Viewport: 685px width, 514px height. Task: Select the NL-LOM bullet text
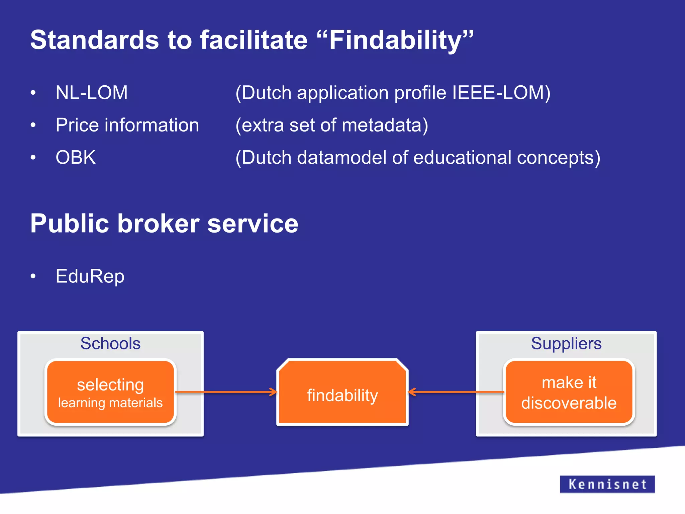point(92,93)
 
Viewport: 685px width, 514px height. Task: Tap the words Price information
point(127,125)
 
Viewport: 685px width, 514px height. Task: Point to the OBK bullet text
point(76,157)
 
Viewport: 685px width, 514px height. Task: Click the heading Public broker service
point(164,224)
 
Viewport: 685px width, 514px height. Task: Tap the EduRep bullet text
point(90,276)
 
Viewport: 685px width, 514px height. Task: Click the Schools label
point(110,343)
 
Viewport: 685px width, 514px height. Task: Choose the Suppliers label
point(566,343)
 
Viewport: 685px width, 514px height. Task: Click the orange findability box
point(342,395)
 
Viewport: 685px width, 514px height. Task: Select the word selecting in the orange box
point(110,384)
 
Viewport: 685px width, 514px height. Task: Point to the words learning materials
point(110,403)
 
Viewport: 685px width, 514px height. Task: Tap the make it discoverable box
point(569,393)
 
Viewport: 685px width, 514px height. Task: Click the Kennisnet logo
point(607,484)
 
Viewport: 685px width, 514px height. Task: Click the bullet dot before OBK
point(33,157)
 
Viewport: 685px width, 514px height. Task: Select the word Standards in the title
point(94,40)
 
